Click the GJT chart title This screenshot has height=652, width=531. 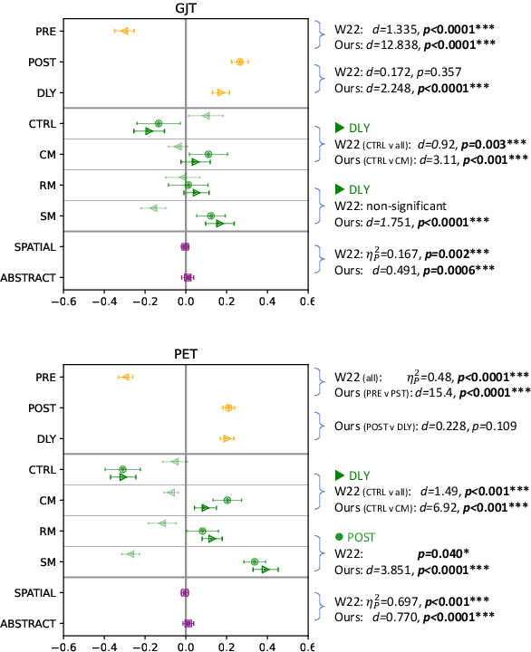click(x=185, y=7)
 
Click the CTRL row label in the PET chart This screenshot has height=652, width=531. click(x=39, y=470)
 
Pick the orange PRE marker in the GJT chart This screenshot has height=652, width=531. click(x=125, y=32)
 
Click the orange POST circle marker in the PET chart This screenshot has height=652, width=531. click(x=228, y=408)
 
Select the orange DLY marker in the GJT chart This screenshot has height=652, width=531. click(x=220, y=92)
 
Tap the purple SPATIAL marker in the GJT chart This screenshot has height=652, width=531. click(x=185, y=246)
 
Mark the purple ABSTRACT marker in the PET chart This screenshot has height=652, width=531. click(x=188, y=623)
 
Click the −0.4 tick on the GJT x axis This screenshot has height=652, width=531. click(x=102, y=302)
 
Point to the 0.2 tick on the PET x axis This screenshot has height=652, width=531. click(x=226, y=647)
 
